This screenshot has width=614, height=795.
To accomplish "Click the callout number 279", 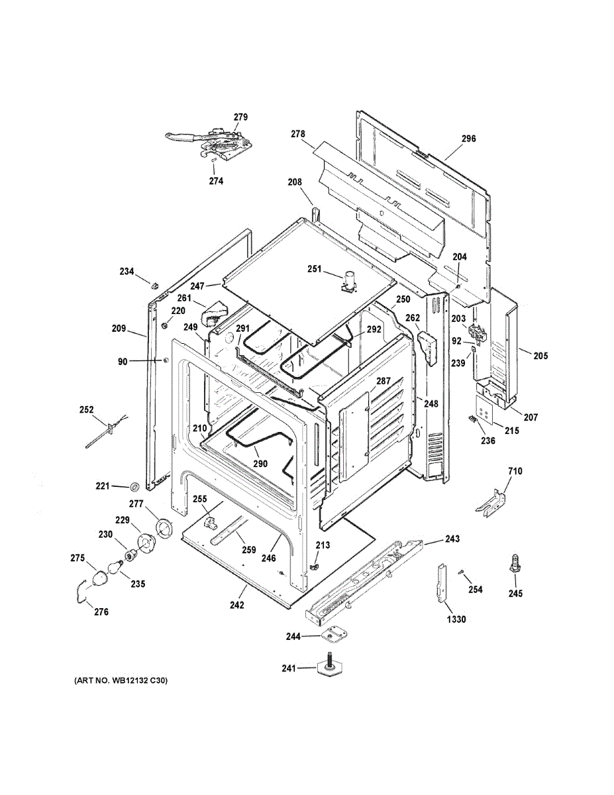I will (240, 117).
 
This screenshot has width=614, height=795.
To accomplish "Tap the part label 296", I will (468, 138).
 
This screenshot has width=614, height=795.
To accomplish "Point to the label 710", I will (515, 471).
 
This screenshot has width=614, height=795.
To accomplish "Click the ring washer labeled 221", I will (134, 486).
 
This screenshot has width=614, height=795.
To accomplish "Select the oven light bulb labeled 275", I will (101, 578).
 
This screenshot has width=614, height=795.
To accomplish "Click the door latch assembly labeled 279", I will (213, 142).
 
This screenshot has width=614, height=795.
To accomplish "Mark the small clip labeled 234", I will (155, 284).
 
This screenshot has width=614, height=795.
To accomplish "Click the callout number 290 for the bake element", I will (260, 464).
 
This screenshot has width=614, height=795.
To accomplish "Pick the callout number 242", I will (237, 605).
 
